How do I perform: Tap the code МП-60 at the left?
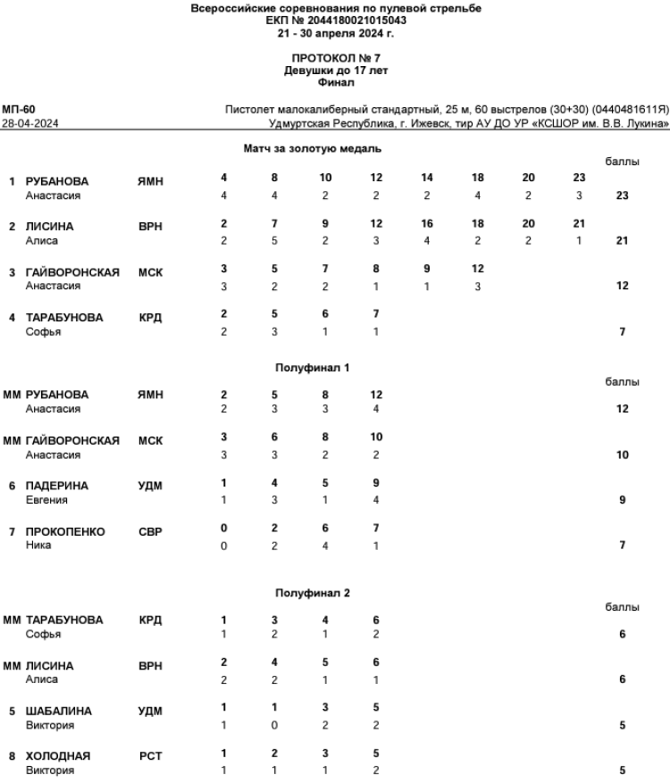pos(19,109)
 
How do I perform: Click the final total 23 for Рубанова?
pos(622,196)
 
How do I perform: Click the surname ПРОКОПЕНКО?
pos(65,532)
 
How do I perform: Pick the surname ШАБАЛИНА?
pos(59,712)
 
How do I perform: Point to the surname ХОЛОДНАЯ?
pos(59,757)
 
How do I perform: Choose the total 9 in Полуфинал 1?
pos(622,500)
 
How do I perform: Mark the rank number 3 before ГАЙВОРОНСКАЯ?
pos(13,272)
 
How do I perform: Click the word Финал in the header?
pos(335,82)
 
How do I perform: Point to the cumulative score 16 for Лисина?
pos(427,227)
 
